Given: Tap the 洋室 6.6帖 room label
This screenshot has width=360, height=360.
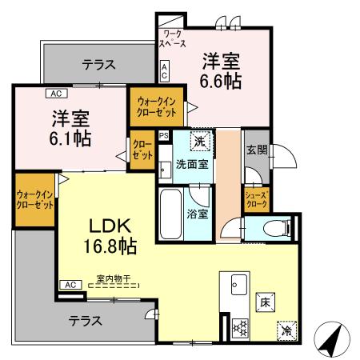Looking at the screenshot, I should click(218, 70).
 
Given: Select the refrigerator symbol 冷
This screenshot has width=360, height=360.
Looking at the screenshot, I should click(286, 328).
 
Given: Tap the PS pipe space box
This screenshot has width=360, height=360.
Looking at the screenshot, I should click(164, 136).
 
